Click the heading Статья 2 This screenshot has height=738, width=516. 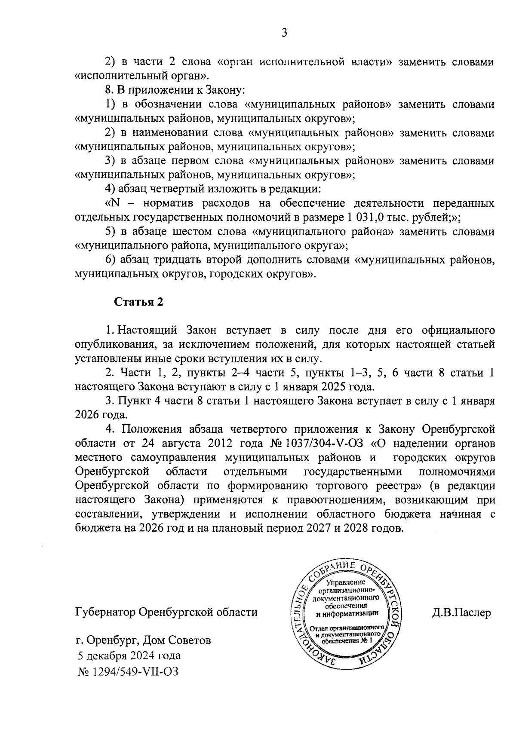tap(138, 302)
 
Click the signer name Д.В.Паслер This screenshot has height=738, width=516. tap(461, 612)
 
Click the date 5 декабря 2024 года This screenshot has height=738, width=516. tap(129, 656)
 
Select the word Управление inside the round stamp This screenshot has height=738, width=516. tap(345, 583)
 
